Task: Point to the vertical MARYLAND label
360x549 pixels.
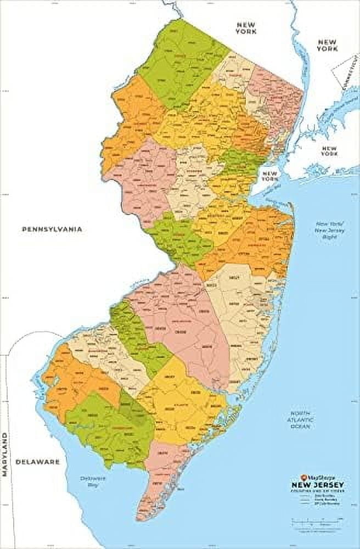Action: [x=6, y=456]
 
